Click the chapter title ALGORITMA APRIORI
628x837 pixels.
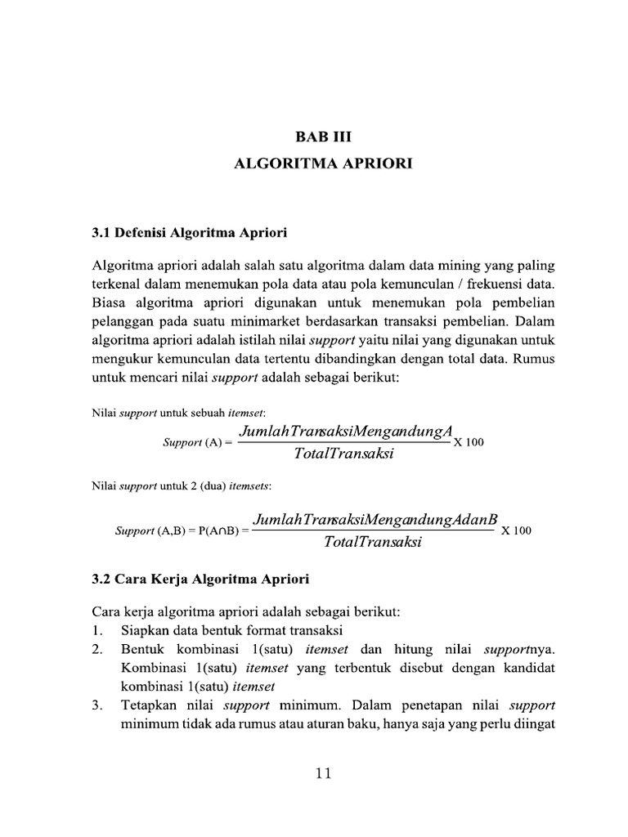coord(324,163)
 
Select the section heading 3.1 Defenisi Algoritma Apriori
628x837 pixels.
coord(190,232)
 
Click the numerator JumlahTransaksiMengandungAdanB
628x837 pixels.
coord(375,520)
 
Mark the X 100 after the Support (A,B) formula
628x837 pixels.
coord(516,530)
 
